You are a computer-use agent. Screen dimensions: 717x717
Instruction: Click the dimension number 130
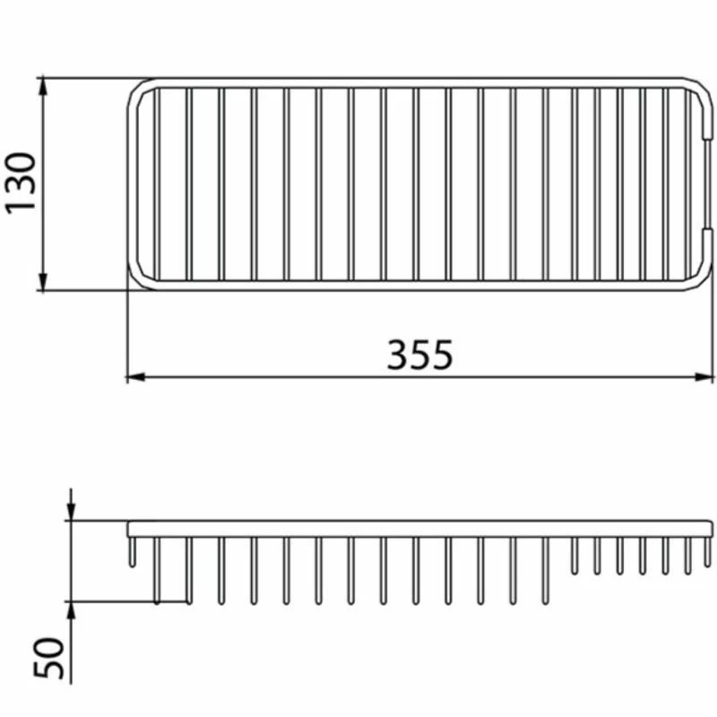(21, 183)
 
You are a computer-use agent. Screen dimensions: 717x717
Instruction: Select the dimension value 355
(419, 356)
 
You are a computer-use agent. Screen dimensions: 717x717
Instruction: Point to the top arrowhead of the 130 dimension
(42, 86)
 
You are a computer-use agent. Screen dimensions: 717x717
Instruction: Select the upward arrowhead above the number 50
(72, 609)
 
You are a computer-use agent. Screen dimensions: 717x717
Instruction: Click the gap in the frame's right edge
(710, 184)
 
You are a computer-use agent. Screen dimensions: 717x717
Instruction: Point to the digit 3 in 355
(398, 356)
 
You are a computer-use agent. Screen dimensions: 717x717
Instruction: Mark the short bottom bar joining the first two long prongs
(172, 601)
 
